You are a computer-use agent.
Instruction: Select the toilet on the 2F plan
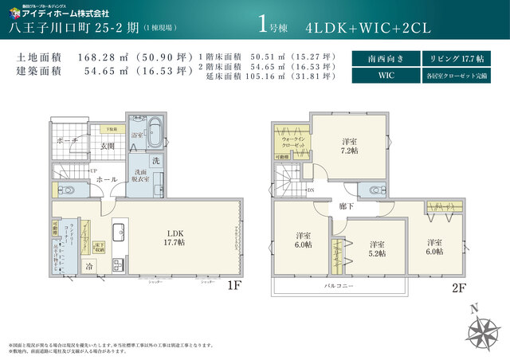click(x=372, y=190)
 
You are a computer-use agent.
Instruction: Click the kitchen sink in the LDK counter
click(x=119, y=233)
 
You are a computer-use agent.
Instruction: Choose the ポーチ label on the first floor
click(x=67, y=139)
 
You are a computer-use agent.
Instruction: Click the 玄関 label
click(x=108, y=146)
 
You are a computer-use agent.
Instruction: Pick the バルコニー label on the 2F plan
click(x=339, y=284)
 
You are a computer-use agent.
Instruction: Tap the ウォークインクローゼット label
click(x=292, y=142)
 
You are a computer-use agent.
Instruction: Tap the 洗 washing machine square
click(x=156, y=161)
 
